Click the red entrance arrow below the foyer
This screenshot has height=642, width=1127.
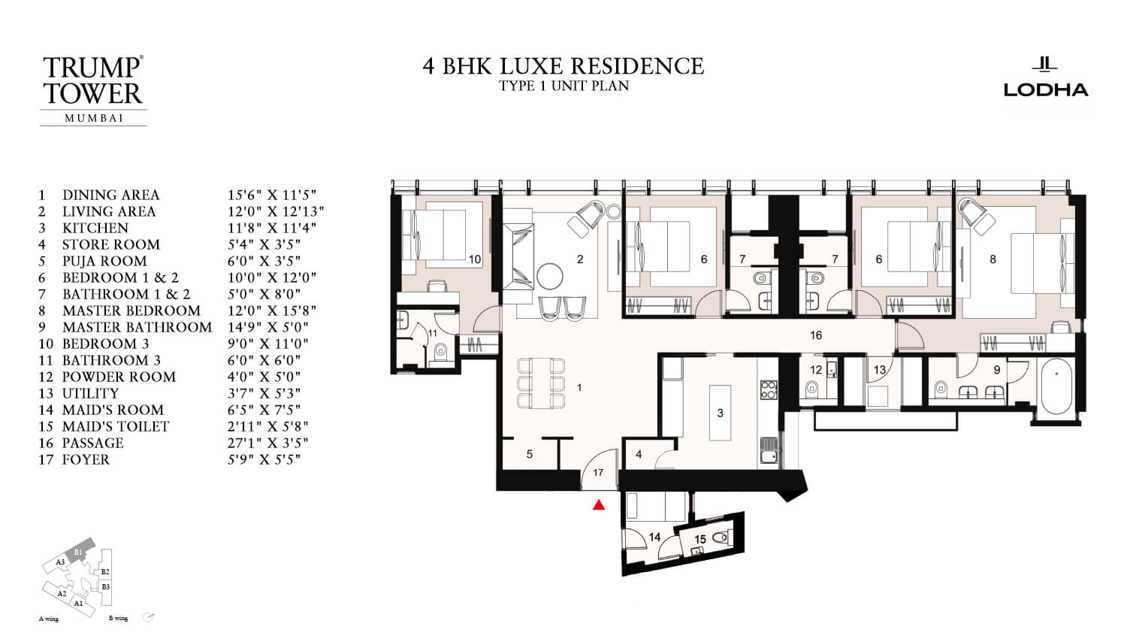[599, 505]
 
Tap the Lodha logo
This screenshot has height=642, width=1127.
[1046, 78]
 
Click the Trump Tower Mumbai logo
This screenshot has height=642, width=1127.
[93, 89]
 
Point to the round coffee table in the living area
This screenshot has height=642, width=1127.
[550, 276]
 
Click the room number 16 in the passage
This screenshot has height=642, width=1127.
[816, 335]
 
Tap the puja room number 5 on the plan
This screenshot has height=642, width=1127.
[530, 454]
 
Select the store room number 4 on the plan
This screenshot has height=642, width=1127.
[639, 454]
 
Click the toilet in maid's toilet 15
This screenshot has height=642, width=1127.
[721, 537]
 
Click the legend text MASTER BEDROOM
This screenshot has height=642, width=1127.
[131, 310]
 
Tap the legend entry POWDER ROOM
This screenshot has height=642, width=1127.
[119, 377]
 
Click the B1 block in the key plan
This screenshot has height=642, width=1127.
[79, 552]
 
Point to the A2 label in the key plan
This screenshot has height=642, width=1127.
[62, 593]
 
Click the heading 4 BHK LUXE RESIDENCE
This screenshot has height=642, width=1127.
[563, 66]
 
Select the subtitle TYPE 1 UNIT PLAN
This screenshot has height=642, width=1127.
[563, 86]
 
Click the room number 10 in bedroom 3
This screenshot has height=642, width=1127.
[475, 259]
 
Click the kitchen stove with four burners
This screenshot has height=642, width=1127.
[769, 389]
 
